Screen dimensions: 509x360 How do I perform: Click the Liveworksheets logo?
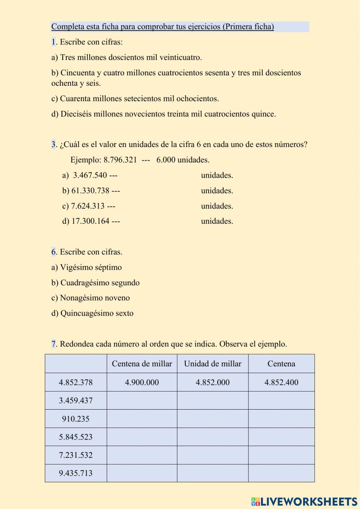click(x=304, y=501)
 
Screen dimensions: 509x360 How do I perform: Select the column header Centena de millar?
click(x=142, y=364)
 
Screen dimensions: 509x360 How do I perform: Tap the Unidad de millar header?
click(x=212, y=364)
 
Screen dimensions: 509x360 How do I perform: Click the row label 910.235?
click(x=76, y=419)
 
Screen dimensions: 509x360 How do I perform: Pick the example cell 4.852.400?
click(x=281, y=383)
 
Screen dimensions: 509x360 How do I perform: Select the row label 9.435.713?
click(x=76, y=473)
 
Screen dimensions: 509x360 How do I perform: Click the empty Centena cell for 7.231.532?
click(x=281, y=455)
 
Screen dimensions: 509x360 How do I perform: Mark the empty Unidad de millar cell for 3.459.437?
click(x=212, y=401)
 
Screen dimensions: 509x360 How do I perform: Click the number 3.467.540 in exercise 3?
click(x=90, y=175)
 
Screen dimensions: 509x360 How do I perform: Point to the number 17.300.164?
click(x=90, y=221)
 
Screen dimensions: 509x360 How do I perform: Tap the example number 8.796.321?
click(x=120, y=160)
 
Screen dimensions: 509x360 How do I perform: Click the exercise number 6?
click(x=54, y=252)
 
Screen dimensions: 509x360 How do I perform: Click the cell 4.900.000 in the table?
click(x=142, y=383)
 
